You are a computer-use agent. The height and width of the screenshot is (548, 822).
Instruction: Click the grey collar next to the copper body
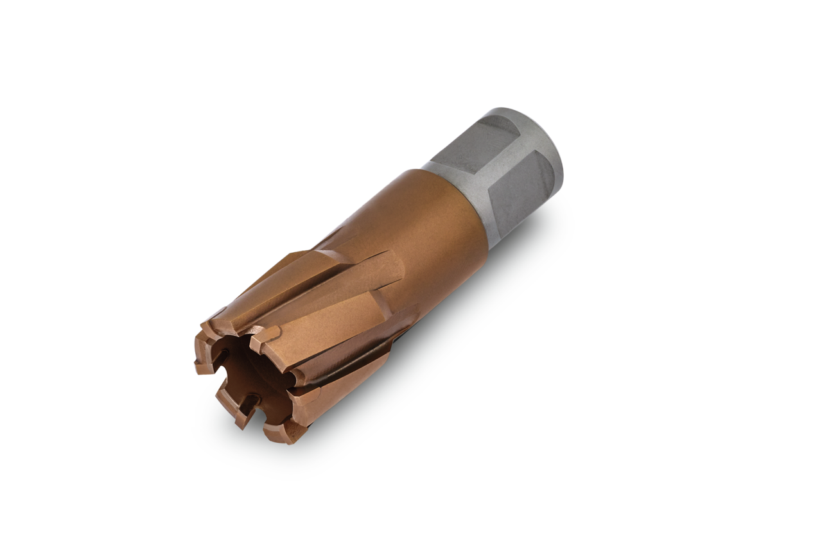[x=459, y=193]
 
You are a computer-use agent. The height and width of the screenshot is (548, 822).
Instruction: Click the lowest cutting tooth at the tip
[x=283, y=432]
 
